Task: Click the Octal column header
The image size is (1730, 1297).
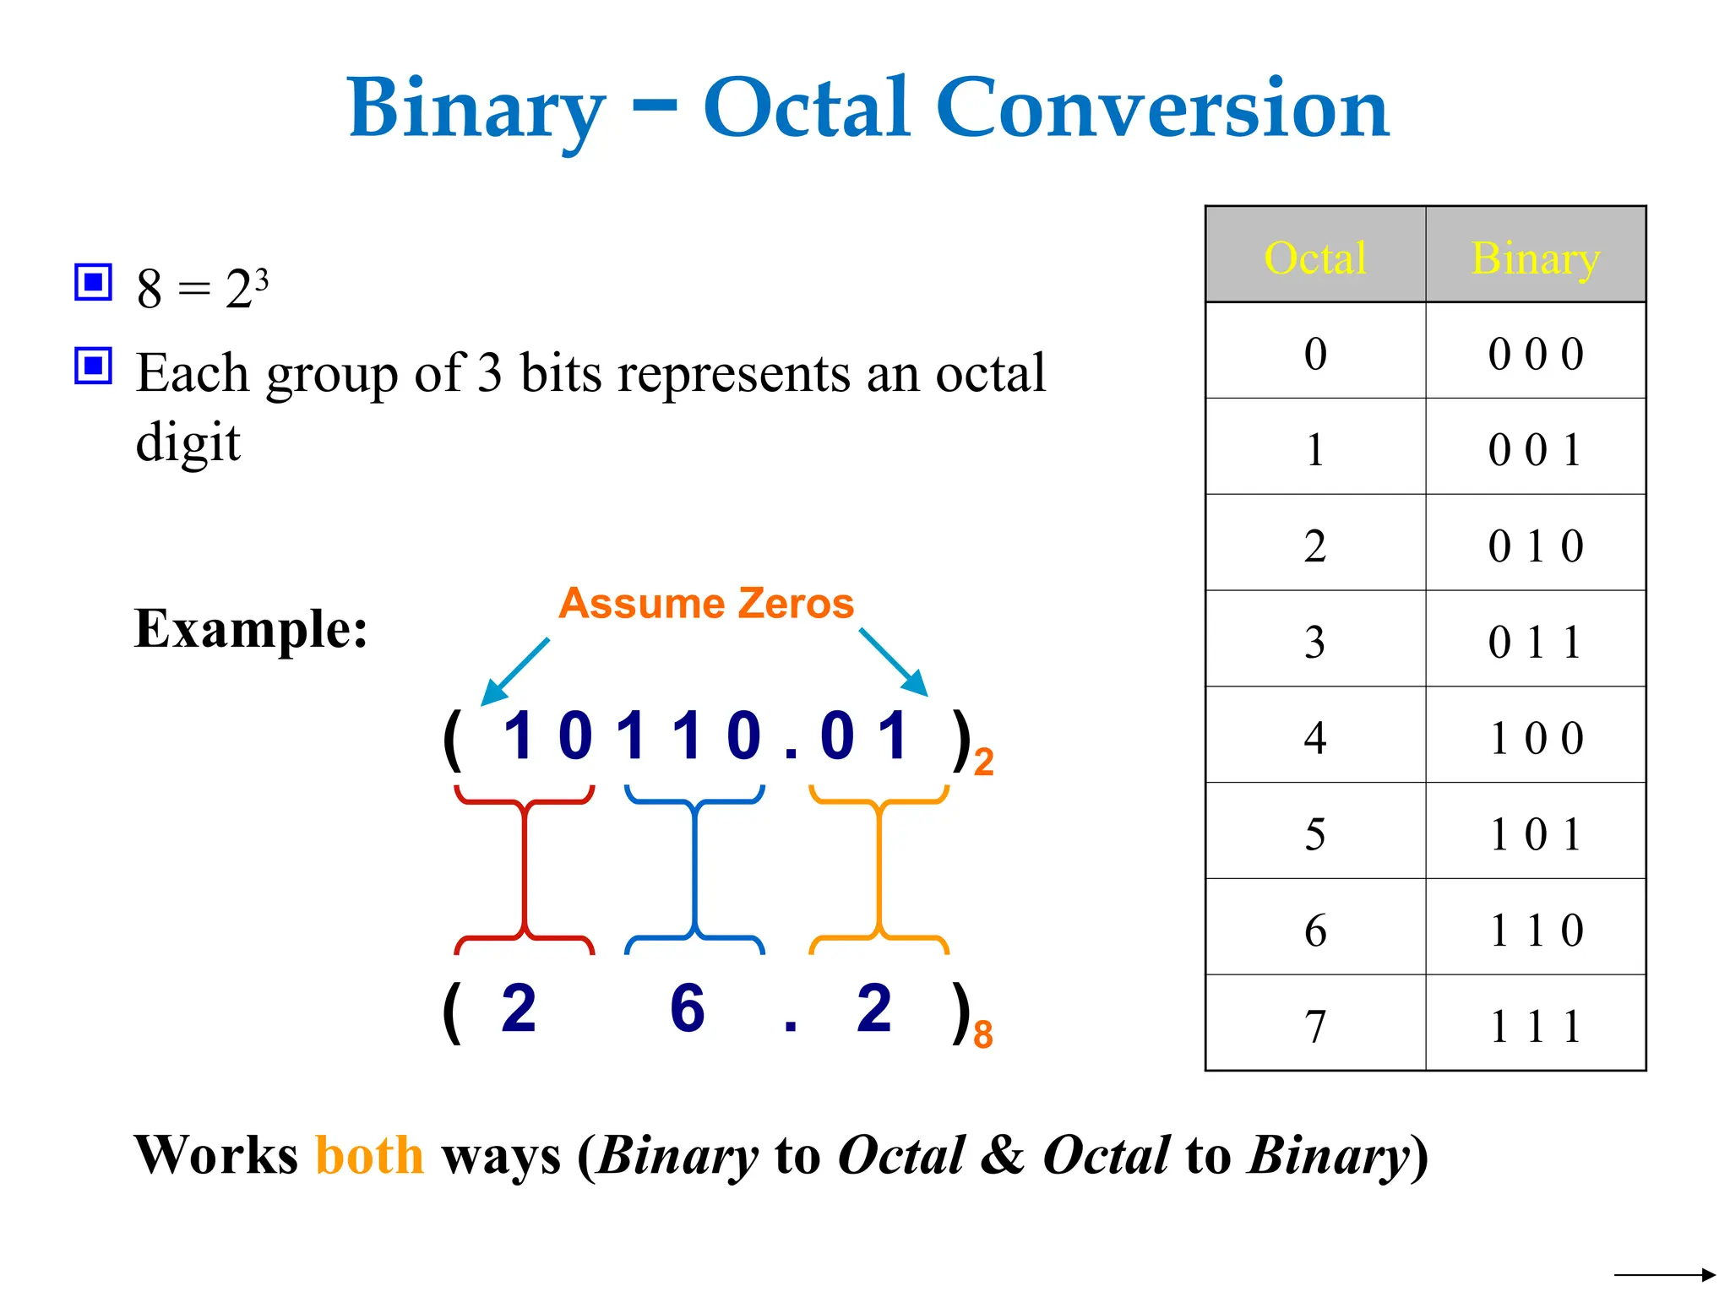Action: pos(1314,258)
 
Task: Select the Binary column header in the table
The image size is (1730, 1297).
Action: pos(1535,258)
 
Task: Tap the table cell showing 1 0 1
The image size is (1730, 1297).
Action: pos(1535,834)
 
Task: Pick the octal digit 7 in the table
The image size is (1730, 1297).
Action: pos(1314,1027)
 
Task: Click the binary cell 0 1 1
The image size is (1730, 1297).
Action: pos(1535,642)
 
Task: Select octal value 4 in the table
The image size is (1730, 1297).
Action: pos(1314,738)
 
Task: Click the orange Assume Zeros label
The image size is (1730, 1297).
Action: pos(706,604)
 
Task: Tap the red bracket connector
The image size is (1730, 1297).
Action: pos(525,870)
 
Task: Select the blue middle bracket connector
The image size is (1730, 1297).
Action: pos(694,870)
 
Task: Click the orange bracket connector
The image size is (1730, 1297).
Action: pos(879,870)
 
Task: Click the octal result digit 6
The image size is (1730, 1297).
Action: pos(687,1008)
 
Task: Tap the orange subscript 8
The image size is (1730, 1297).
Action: pos(982,1034)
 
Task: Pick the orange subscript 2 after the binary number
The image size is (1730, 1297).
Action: pos(983,762)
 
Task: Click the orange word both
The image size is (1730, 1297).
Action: pos(369,1155)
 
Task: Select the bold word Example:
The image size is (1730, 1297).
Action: pos(251,629)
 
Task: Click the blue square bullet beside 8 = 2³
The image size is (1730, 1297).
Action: pos(93,282)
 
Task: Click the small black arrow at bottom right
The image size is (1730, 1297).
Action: pos(1664,1275)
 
